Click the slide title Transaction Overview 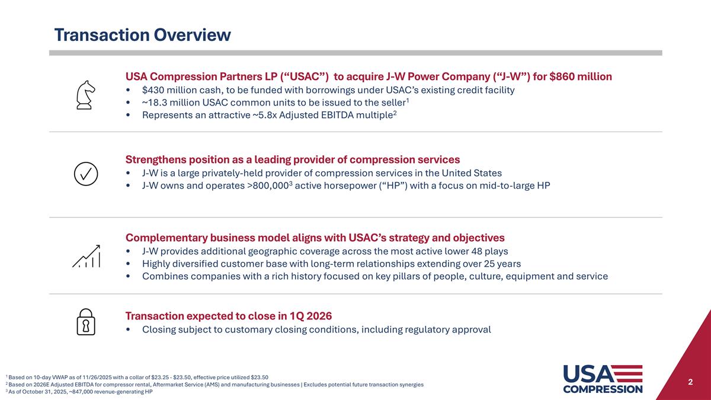142,35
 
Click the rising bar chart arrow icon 87,256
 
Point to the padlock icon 85,322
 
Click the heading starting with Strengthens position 292,159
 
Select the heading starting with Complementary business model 315,238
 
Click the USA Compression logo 602,379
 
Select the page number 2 690,382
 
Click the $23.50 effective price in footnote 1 259,377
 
